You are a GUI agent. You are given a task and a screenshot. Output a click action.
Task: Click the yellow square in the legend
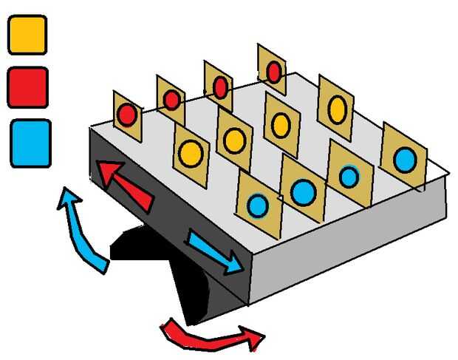[x=27, y=35]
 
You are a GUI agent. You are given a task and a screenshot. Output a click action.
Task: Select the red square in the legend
[x=28, y=86]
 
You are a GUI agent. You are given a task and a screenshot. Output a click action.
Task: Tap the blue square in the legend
[x=30, y=143]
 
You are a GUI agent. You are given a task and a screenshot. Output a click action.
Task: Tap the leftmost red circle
[x=127, y=115]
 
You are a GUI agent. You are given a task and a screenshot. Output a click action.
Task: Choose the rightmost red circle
[x=273, y=72]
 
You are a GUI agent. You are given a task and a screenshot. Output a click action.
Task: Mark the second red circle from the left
[x=171, y=99]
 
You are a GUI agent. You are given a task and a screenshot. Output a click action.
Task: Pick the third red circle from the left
[x=219, y=87]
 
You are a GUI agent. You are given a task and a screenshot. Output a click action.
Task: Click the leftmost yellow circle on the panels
[x=191, y=153]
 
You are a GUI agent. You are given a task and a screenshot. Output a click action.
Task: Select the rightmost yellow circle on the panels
[x=337, y=109]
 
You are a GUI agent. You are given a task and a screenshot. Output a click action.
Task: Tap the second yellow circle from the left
[x=234, y=140]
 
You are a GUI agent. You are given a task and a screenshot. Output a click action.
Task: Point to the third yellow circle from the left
[x=280, y=125]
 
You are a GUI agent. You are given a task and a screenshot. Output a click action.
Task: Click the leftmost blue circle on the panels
[x=257, y=204]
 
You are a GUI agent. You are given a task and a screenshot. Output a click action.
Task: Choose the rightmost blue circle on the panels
[x=404, y=159]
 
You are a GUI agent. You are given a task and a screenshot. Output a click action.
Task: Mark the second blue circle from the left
[x=303, y=192]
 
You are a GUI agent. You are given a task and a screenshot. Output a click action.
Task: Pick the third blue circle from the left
[x=349, y=176]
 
